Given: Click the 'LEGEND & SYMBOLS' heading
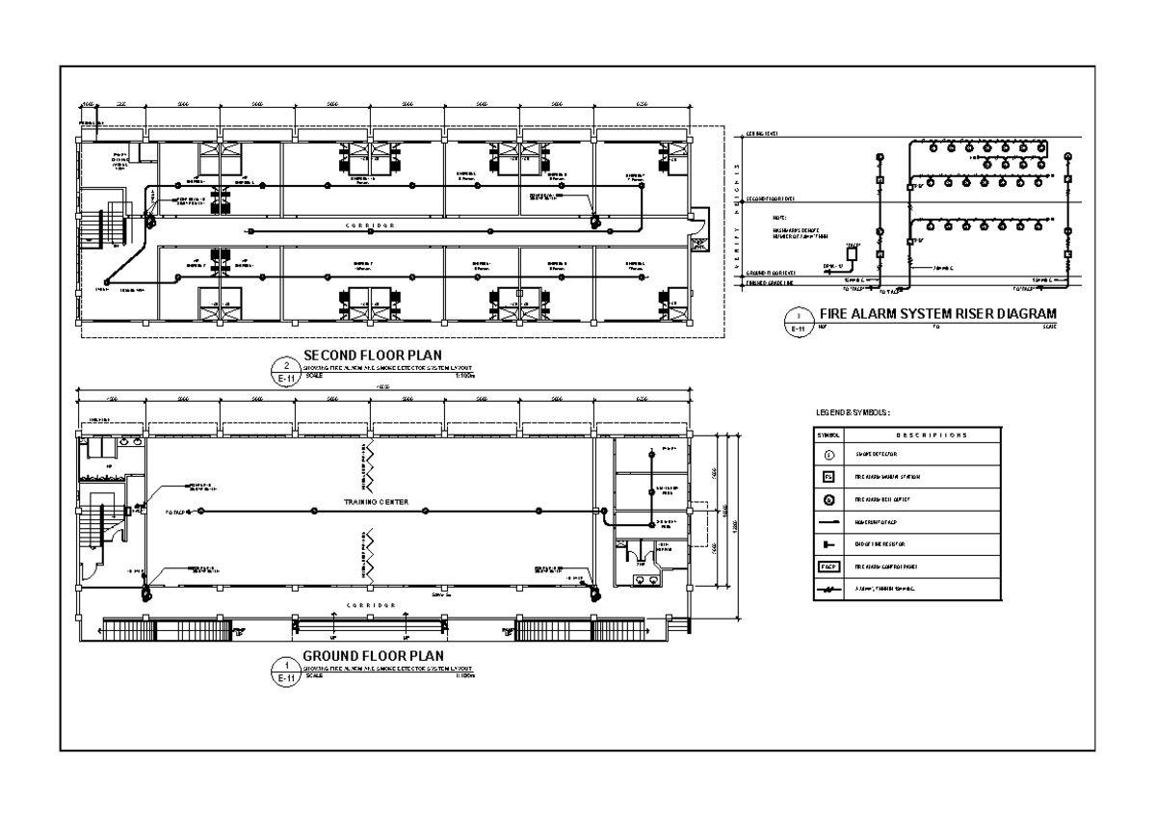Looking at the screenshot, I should (853, 412).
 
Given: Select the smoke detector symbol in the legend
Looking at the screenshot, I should (828, 452).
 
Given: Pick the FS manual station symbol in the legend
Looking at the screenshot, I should (828, 476).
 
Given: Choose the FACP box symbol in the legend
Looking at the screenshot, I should (828, 567).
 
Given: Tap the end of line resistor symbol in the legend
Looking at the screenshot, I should (828, 544).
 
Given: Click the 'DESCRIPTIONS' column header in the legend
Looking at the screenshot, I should (925, 435).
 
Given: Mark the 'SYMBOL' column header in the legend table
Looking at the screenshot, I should (828, 435).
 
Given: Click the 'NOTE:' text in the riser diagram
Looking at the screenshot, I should (779, 218).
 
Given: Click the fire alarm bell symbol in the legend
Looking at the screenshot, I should (828, 499).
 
